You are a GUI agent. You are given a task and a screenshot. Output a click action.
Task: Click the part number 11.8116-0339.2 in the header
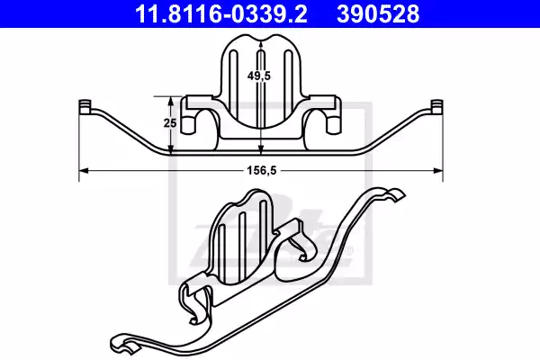click(221, 14)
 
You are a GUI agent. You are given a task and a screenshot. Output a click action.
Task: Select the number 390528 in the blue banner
click(378, 14)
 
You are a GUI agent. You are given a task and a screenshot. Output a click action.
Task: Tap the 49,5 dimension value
click(259, 76)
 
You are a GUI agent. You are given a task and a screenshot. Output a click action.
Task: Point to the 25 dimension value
click(170, 122)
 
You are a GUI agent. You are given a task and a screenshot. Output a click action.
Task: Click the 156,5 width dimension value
click(262, 170)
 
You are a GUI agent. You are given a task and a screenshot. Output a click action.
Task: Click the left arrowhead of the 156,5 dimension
click(84, 170)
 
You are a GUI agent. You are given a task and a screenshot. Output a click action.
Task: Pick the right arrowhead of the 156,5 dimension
click(438, 170)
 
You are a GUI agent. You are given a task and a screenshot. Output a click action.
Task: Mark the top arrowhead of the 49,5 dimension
click(261, 44)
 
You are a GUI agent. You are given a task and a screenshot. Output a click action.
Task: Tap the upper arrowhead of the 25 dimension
click(170, 102)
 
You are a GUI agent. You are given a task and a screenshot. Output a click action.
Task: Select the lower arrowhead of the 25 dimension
click(170, 148)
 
